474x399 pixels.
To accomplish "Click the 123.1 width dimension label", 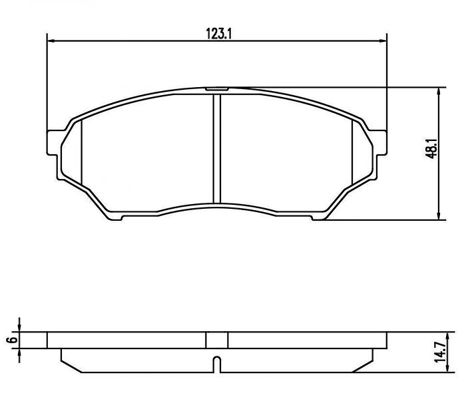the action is (218, 33).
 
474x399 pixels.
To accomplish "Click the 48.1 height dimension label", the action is (431, 148).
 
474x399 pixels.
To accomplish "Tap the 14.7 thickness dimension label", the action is (440, 352).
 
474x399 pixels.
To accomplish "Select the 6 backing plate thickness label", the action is (13, 340).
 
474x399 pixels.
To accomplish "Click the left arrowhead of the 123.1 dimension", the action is (51, 41).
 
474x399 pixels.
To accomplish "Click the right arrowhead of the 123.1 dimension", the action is (383, 41).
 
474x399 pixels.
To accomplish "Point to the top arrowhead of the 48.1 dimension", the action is (439, 91).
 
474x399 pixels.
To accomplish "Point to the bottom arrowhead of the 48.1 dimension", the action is (439, 216).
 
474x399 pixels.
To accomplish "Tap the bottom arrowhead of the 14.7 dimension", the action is (447, 369).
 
